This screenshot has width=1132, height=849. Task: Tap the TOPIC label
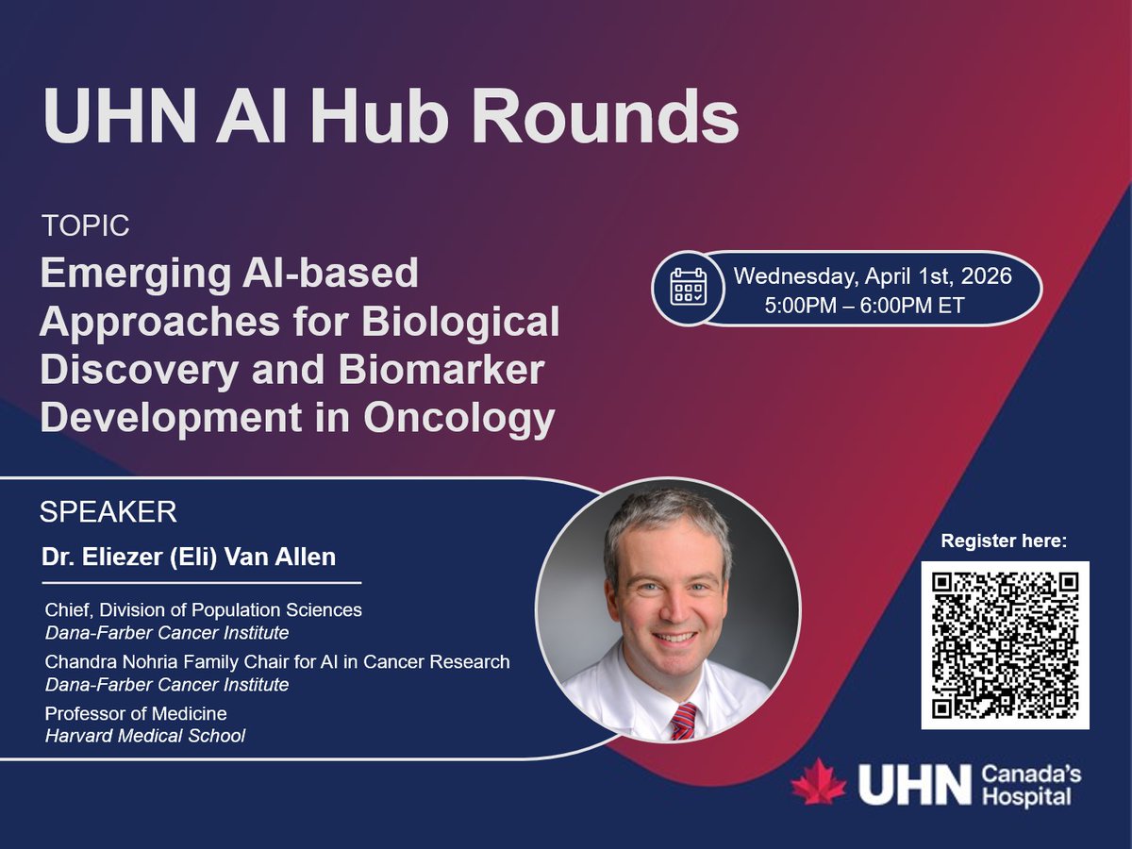coord(86,226)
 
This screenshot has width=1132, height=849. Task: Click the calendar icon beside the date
coord(688,286)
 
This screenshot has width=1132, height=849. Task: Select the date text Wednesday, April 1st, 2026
coord(873,276)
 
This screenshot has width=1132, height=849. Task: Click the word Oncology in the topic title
coord(459,418)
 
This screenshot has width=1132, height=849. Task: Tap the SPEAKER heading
coord(108,512)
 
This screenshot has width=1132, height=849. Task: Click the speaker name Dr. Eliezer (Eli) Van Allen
coord(189,558)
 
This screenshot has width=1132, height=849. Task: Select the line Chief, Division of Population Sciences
coord(203,610)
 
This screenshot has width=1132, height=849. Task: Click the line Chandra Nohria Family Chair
coord(277,662)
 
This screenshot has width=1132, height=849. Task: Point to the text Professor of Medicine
coord(136,713)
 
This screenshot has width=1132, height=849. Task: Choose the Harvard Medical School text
coord(145,736)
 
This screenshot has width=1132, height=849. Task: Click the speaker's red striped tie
coord(683,722)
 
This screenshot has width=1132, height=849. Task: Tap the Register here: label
coord(1005,541)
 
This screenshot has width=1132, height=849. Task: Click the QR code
coord(1005,644)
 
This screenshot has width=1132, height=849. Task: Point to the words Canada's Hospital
coord(1031,786)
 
